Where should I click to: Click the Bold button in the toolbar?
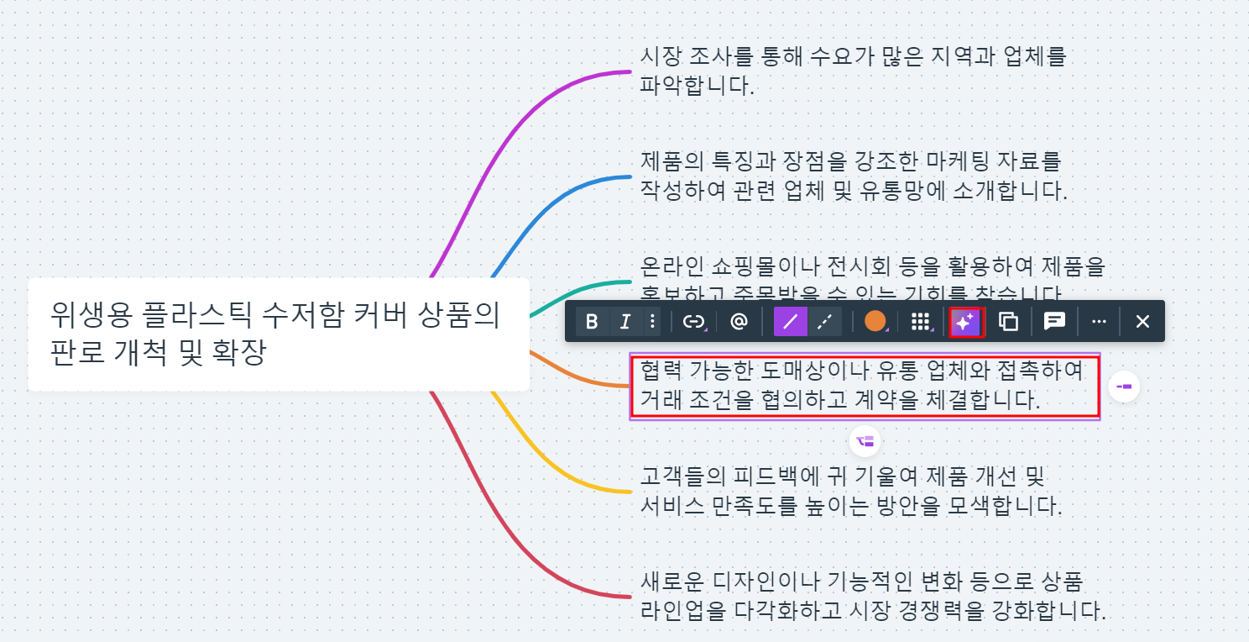592,321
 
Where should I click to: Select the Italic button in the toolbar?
624,321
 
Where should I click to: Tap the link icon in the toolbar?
693,321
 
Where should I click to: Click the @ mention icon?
739,321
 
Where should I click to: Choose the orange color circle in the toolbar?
875,321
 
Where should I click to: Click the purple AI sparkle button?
965,321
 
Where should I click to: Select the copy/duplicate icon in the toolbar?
1009,321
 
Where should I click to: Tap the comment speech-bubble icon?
1054,321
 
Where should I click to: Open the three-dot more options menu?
1099,321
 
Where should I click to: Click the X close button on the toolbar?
1142,321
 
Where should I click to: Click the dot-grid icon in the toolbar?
921,321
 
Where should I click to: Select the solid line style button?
790,321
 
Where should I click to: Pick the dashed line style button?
824,321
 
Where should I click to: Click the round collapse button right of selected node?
1124,387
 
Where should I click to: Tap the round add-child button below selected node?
865,441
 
